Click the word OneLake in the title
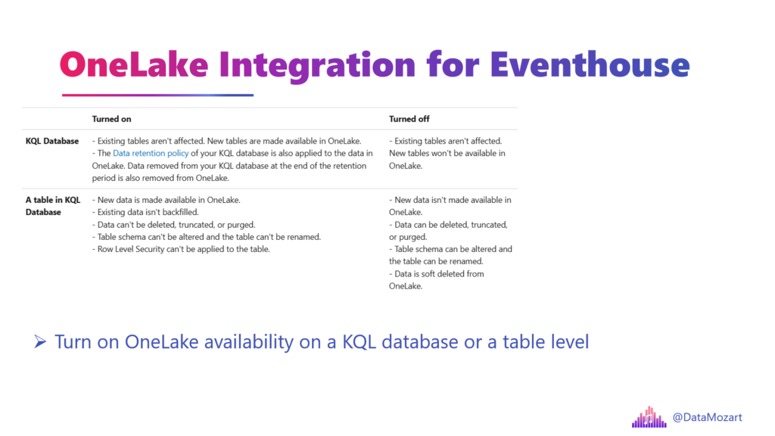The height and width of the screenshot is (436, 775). [134, 64]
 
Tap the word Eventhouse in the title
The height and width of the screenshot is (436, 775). [590, 64]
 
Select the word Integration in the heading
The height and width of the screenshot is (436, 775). [317, 67]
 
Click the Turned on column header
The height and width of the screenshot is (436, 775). [112, 119]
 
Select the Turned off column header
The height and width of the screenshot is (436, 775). [409, 119]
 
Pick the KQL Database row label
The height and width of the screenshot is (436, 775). [52, 141]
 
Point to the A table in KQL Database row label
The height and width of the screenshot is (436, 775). [53, 206]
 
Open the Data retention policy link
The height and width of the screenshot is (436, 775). [151, 153]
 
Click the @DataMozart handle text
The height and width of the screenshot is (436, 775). [708, 417]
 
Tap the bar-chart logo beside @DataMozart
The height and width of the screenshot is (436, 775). [649, 417]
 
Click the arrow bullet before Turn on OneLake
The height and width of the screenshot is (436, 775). [40, 341]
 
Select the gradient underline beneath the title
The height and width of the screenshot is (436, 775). [157, 95]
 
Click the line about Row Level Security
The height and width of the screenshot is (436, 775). [181, 249]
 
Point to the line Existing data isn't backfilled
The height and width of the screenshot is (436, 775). [145, 212]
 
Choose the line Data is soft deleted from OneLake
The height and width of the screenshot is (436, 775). [437, 280]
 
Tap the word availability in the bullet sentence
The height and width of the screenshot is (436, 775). [248, 342]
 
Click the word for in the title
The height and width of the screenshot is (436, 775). [453, 64]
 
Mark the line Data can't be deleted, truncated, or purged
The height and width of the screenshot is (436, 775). [173, 224]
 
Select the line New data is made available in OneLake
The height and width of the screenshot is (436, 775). [166, 200]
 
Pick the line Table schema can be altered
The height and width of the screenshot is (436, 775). [450, 255]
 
